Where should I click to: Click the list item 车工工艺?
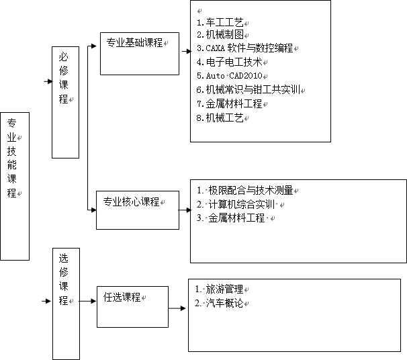click(x=220, y=23)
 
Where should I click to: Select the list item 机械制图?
click(x=220, y=34)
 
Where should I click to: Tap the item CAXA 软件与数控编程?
click(x=244, y=48)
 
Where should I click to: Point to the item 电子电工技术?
click(x=230, y=62)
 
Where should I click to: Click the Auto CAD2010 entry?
click(x=230, y=76)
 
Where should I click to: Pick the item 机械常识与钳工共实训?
click(x=248, y=89)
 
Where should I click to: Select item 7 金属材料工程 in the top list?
click(x=230, y=104)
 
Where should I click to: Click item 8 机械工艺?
click(x=220, y=118)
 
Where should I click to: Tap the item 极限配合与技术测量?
click(x=245, y=190)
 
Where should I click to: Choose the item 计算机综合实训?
click(x=236, y=204)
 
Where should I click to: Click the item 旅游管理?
click(x=219, y=289)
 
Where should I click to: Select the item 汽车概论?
click(x=219, y=303)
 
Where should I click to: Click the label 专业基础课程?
click(x=134, y=42)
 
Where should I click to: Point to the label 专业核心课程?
click(x=131, y=201)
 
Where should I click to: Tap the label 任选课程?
click(x=122, y=297)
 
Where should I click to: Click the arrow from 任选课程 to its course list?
click(x=177, y=308)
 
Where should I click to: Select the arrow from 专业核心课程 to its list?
click(x=185, y=210)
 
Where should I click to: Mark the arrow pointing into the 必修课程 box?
click(x=48, y=81)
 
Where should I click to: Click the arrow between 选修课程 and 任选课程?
click(x=87, y=301)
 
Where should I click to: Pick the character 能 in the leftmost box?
click(x=11, y=165)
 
